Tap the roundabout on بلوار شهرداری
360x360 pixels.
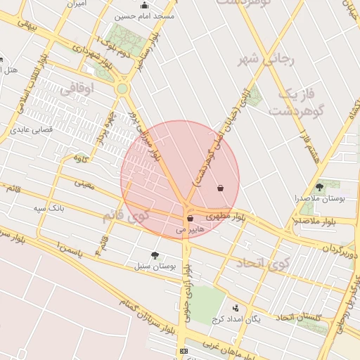click(122, 89)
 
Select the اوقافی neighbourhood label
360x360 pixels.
click(75, 90)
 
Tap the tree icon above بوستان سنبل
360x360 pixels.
click(155, 255)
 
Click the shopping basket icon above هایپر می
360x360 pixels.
click(191, 219)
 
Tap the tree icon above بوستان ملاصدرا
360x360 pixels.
click(320, 187)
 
